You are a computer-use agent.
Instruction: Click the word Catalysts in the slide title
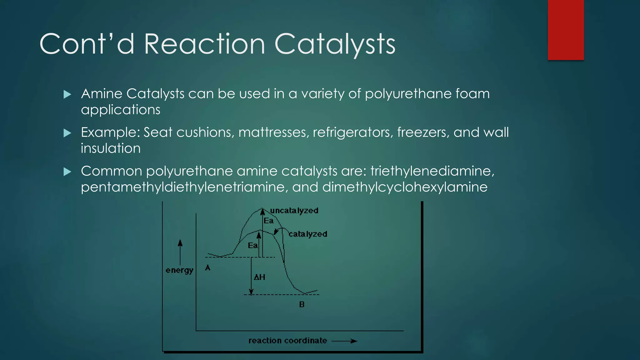(335, 44)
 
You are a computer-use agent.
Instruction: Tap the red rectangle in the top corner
(566, 30)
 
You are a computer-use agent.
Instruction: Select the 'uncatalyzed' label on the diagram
(294, 211)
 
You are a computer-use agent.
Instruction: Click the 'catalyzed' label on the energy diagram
(308, 234)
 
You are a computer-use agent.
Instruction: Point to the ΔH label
(259, 277)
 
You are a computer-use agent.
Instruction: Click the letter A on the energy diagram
(208, 268)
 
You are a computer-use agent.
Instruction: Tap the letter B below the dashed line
(302, 304)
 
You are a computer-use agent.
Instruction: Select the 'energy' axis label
(179, 270)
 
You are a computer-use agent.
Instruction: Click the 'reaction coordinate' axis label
(287, 341)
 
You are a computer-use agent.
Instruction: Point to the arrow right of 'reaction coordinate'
(344, 341)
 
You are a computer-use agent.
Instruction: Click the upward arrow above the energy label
(180, 252)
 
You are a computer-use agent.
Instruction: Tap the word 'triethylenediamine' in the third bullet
(432, 171)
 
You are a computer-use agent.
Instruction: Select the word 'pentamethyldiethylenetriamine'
(184, 187)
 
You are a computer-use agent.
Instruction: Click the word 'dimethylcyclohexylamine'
(405, 187)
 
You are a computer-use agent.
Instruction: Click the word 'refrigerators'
(352, 132)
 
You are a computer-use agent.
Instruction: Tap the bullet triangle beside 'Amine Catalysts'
(67, 94)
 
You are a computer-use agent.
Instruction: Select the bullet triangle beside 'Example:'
(67, 133)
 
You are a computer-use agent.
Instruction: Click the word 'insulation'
(111, 148)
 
